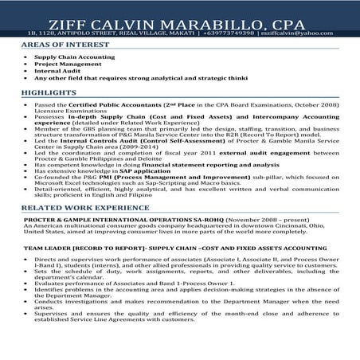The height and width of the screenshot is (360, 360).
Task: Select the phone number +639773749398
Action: click(x=237, y=33)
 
